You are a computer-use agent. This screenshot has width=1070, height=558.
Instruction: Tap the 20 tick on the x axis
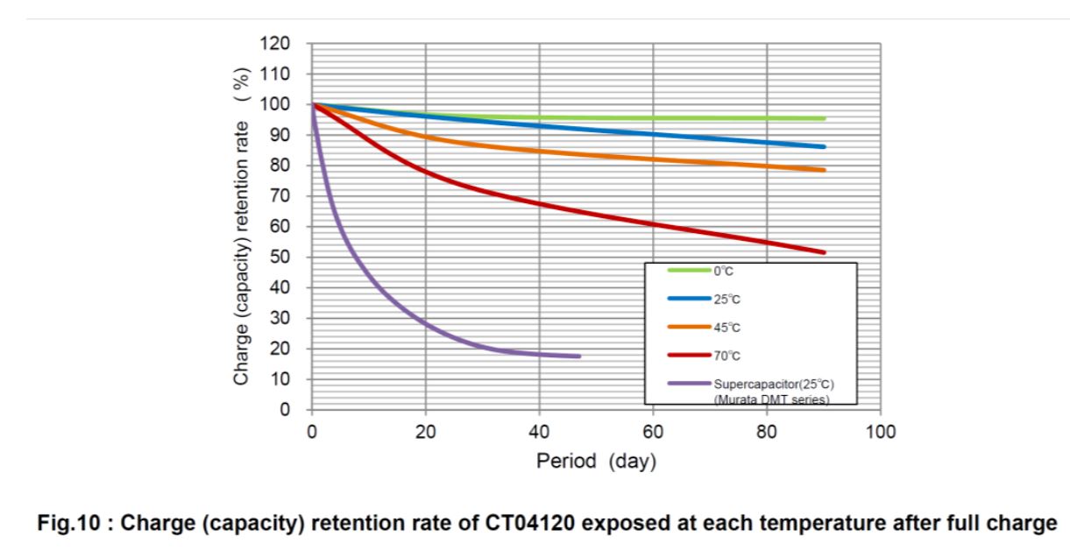point(425,431)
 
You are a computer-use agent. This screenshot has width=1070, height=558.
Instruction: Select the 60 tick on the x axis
point(653,431)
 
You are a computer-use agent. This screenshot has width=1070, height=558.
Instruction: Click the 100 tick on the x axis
point(880,431)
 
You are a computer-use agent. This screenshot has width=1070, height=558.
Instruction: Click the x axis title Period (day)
point(596,462)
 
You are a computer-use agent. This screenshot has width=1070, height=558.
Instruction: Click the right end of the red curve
point(824,252)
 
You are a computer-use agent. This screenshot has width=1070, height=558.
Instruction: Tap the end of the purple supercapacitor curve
point(578,357)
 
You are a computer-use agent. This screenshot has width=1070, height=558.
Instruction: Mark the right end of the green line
point(824,118)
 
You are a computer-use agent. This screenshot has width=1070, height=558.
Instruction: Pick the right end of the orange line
point(824,170)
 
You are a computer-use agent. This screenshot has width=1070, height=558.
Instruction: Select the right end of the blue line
point(824,147)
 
